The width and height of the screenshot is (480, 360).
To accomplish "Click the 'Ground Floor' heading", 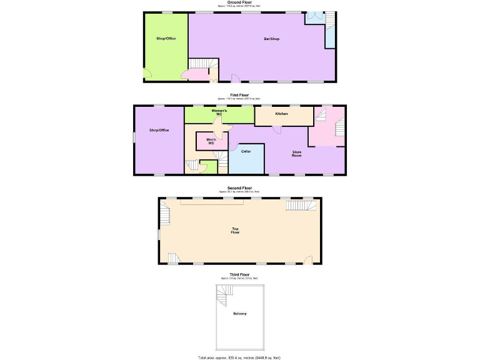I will pyautogui.click(x=239, y=2).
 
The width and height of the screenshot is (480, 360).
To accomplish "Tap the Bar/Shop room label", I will pyautogui.click(x=271, y=39).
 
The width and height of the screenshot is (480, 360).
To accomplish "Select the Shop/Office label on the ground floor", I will pyautogui.click(x=166, y=39).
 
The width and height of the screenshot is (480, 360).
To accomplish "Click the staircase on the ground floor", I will pyautogui.click(x=200, y=64).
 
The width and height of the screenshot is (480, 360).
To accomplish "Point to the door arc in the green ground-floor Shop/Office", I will pyautogui.click(x=147, y=74).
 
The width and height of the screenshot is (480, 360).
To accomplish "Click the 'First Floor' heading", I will pyautogui.click(x=239, y=95).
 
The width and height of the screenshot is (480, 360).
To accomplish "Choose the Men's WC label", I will pyautogui.click(x=211, y=141).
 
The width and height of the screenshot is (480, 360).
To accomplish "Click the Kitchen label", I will pyautogui.click(x=281, y=114).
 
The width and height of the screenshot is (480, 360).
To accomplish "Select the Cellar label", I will pyautogui.click(x=246, y=151).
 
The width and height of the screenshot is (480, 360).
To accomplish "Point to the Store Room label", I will pyautogui.click(x=297, y=153).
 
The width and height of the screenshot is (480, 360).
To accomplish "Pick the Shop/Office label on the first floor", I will pyautogui.click(x=159, y=130).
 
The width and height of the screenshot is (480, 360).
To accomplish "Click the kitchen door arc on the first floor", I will pyautogui.click(x=276, y=129).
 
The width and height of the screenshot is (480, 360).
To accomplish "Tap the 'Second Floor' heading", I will pyautogui.click(x=239, y=187).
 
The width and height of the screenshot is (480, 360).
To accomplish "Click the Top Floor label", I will pyautogui.click(x=235, y=231).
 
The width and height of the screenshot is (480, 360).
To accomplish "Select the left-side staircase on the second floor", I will pyautogui.click(x=165, y=214).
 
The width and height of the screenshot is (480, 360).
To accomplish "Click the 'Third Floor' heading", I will pyautogui.click(x=239, y=274).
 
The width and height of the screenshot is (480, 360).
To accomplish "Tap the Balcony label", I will pyautogui.click(x=239, y=313).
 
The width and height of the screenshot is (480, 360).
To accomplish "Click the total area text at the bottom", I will pyautogui.click(x=239, y=357).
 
